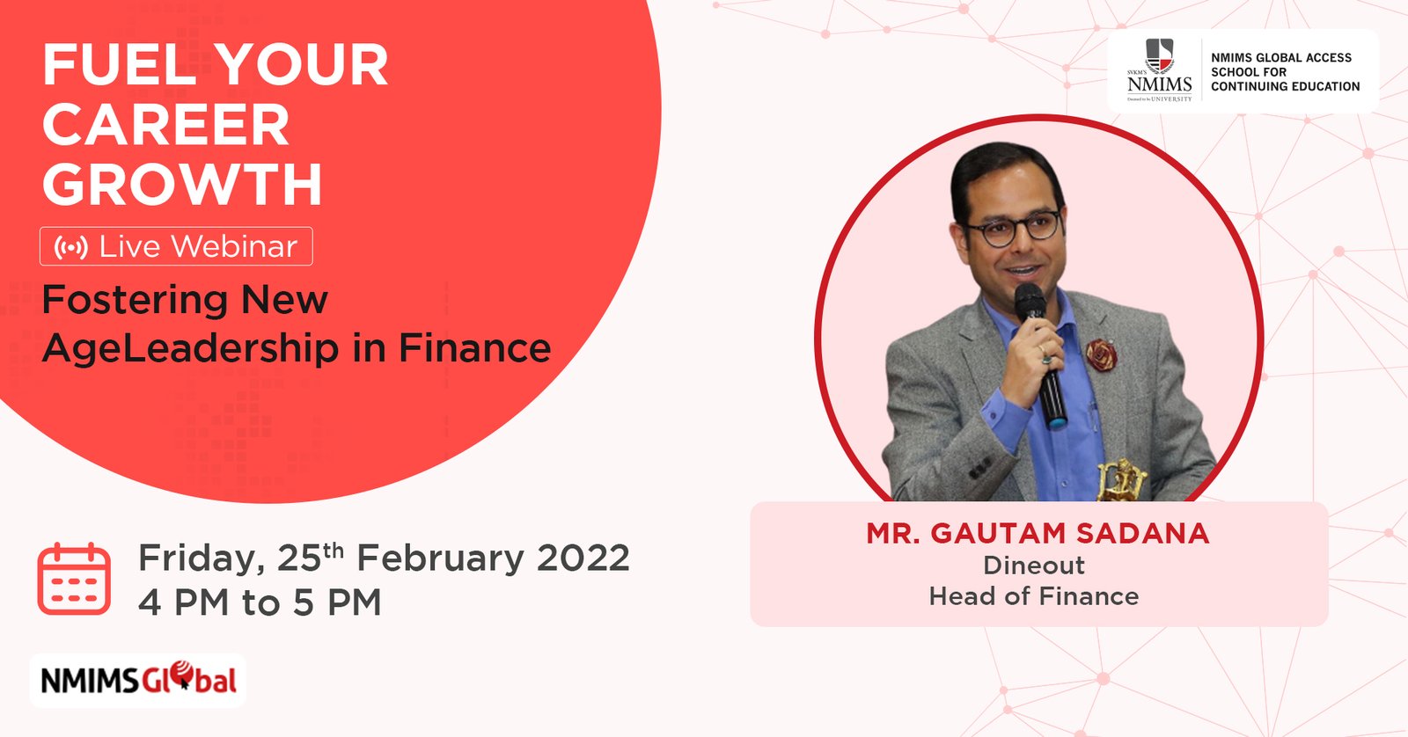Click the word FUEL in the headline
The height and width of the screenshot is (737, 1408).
(x=120, y=64)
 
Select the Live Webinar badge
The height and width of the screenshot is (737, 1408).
(x=176, y=246)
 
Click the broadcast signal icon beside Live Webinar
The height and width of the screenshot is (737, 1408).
(x=71, y=247)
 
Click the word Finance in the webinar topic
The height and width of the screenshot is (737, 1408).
(x=474, y=347)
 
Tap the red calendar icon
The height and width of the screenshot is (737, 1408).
(x=74, y=579)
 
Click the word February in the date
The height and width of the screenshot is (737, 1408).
(x=440, y=558)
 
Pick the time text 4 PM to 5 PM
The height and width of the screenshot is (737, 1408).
(x=260, y=602)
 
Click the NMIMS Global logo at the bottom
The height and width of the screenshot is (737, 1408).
(x=137, y=681)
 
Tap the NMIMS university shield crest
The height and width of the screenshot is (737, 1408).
(x=1160, y=56)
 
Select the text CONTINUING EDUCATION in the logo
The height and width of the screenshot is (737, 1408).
(x=1286, y=87)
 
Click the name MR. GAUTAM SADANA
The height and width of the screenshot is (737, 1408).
(x=1038, y=534)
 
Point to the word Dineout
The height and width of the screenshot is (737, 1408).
(x=1034, y=566)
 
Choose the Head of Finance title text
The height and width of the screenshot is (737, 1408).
(x=1034, y=596)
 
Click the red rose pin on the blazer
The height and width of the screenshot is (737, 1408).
(x=1101, y=354)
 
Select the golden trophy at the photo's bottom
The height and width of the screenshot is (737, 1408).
(x=1122, y=480)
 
